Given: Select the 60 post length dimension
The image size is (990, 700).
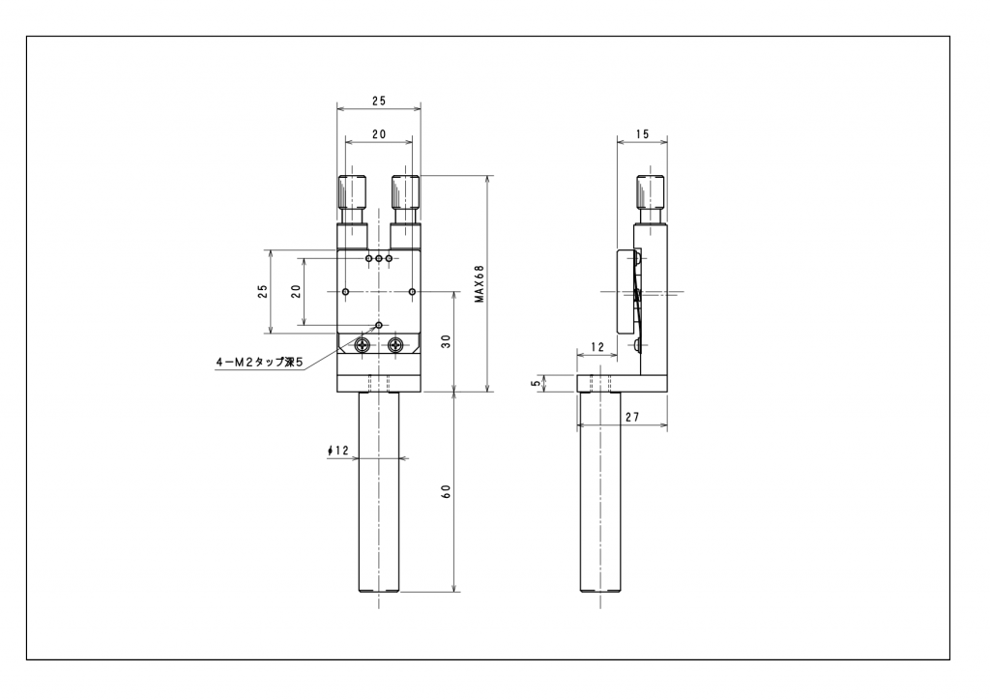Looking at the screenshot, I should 446,492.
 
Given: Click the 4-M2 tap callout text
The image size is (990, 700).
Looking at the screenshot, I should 259,363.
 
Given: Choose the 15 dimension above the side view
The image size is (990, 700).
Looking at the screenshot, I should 643,134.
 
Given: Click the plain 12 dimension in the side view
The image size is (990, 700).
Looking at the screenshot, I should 596,346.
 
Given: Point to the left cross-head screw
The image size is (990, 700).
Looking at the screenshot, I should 364,344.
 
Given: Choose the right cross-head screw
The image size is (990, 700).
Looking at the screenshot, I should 394,344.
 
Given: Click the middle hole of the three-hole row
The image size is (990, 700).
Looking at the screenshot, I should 379,259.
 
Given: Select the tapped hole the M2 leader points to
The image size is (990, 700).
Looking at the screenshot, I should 379,325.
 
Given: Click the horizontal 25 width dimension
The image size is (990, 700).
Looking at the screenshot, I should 378,101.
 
